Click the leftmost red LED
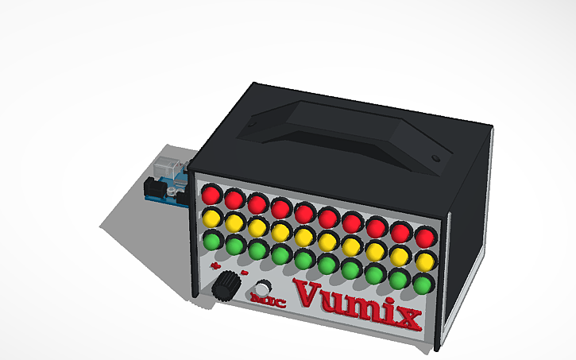[211, 193]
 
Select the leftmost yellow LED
[211, 215]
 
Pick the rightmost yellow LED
[425, 261]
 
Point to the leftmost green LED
[213, 238]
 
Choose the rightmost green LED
[423, 284]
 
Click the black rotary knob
[229, 285]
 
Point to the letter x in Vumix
[404, 317]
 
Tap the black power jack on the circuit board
[153, 189]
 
